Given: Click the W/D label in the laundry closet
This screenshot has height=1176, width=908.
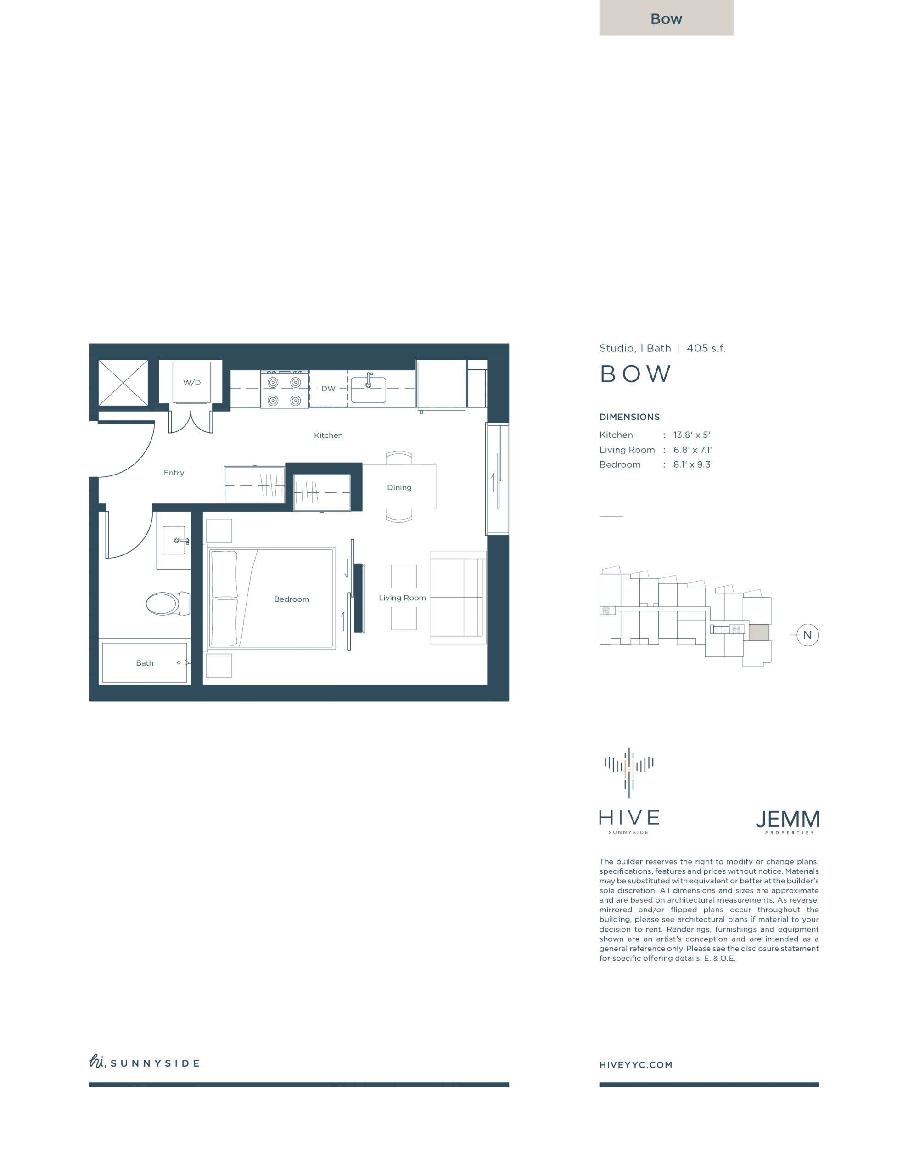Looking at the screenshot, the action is click(x=191, y=382).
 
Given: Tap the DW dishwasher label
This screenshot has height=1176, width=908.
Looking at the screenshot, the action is click(x=328, y=388).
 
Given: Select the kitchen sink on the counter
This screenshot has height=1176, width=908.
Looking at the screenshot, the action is click(x=368, y=389).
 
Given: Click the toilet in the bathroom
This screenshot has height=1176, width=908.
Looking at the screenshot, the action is click(x=168, y=604).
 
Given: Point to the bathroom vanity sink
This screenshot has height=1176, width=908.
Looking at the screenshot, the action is click(x=174, y=540).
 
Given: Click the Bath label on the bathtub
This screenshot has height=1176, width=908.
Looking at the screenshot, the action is click(x=145, y=663).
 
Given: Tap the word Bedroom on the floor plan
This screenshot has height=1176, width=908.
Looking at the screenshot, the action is click(x=291, y=599).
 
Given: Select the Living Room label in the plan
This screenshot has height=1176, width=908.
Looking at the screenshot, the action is click(x=402, y=598).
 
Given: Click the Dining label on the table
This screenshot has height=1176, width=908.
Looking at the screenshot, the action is click(x=399, y=487).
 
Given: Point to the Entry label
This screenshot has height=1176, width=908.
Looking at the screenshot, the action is click(x=174, y=473).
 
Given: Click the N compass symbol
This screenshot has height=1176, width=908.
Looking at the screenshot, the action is click(x=807, y=635).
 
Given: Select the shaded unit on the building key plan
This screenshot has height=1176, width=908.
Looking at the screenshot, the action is click(x=759, y=632).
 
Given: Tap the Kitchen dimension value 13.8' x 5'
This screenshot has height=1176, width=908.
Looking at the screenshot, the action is click(x=692, y=435).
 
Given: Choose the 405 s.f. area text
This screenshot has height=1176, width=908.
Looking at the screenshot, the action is click(x=706, y=348).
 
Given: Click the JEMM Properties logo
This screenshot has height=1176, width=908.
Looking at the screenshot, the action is click(x=788, y=822).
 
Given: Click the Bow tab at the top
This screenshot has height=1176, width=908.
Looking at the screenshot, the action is click(x=667, y=18).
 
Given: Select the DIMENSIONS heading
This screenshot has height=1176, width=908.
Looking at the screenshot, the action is click(x=630, y=417).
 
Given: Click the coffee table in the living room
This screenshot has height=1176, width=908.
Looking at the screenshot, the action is click(x=404, y=597).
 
